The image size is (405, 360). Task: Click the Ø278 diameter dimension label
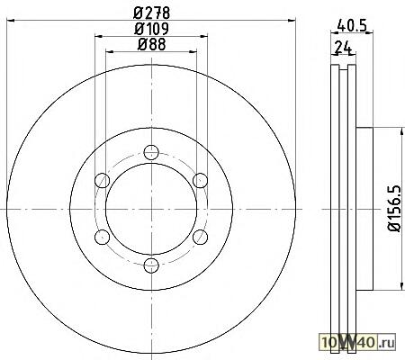coord(152,13)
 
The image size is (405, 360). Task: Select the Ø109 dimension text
coord(152,29)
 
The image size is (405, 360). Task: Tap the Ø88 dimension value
coord(152,44)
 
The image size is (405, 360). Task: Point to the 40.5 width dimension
coord(352,25)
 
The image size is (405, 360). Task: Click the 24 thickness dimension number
coord(342,47)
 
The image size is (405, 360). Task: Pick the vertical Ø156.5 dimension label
coord(394,209)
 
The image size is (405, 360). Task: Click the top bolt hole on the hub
coord(151,152)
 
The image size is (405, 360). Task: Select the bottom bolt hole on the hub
coord(151,265)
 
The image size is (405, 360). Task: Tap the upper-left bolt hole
coord(102,181)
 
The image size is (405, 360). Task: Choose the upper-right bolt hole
coord(200,181)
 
